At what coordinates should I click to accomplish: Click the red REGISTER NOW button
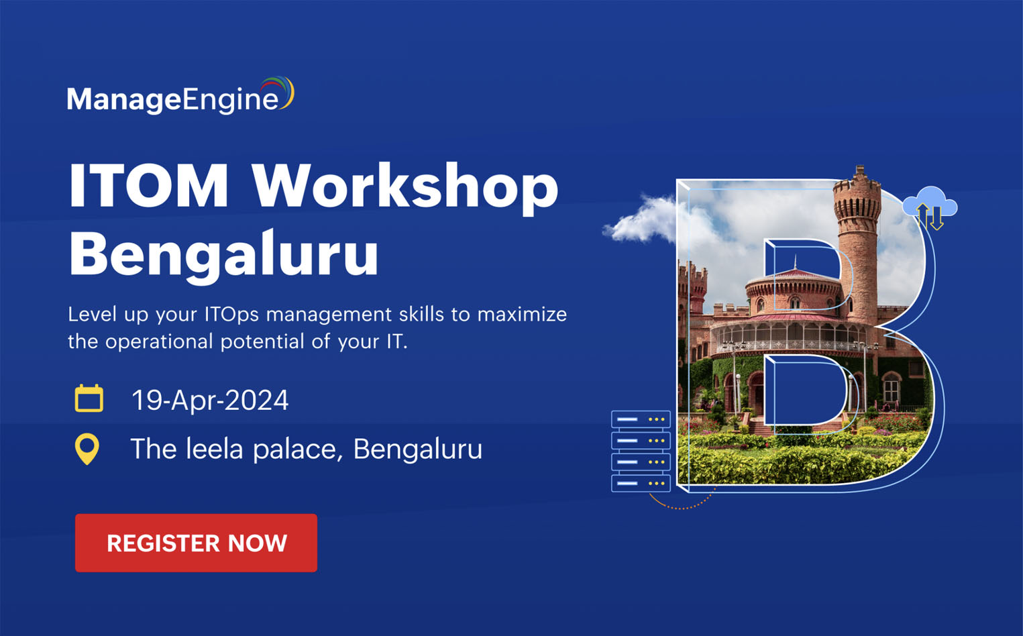point(196,543)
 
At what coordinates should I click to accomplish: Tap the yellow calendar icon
point(89,399)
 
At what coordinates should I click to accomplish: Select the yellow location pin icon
point(87,449)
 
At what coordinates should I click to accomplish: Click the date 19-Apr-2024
point(210,401)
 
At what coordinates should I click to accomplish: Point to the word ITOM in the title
point(149,186)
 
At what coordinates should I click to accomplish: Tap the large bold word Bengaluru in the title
point(224,255)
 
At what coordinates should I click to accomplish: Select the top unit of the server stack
point(641,419)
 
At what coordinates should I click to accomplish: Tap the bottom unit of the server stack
point(641,483)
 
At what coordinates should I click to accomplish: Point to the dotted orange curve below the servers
point(681,505)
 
